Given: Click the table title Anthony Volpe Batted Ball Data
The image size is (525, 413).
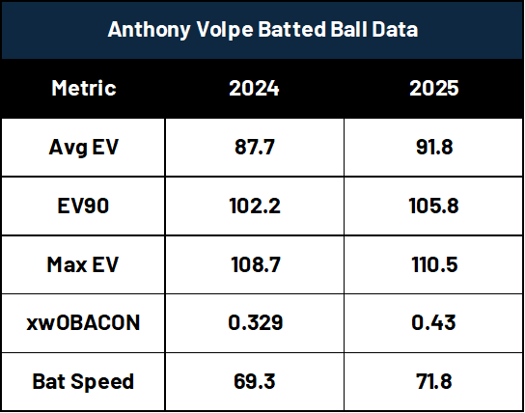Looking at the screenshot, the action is coord(262,30).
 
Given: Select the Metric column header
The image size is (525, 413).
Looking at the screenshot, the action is coord(84,88).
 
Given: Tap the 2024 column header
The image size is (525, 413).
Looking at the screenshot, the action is coord(254,88).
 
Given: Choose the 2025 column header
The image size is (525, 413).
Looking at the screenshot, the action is coord(434,88).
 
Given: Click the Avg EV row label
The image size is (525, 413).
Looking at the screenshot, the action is coord(83,148).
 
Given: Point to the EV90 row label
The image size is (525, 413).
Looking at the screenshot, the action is coord(83,206).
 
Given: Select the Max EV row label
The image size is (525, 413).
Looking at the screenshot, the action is coord(83,264).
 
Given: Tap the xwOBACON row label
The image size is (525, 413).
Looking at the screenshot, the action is coord(83,322).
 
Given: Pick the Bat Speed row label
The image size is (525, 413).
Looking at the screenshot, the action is coord(83,381).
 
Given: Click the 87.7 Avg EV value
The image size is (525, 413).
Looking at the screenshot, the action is coord(255,147).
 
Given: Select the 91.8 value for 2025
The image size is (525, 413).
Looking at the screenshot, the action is coord(434,147).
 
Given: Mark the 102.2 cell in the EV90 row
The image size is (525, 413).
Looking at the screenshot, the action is coord(255,206).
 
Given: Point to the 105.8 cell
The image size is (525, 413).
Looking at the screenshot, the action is coord(433,206).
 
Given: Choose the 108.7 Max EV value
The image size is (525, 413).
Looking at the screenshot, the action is coord(256,264).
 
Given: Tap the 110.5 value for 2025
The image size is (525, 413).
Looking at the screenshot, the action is coord(434,264).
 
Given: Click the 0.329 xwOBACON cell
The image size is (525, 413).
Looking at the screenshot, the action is coord(256,322).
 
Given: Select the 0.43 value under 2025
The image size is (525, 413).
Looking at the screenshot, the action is coord(433,322).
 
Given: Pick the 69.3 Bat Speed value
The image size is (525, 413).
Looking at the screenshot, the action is coord(255,381).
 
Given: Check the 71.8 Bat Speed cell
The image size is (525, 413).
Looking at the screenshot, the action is coord(434,381).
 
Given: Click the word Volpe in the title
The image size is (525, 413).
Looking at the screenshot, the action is coord(224,30).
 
